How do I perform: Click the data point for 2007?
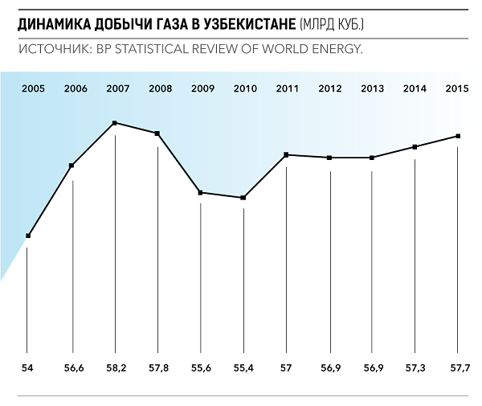click(115, 123)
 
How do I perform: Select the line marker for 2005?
click(28, 236)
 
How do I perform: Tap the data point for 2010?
click(243, 198)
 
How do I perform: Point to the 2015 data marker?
click(458, 136)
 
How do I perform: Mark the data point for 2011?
click(286, 154)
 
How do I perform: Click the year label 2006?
click(76, 87)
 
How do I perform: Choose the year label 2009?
click(202, 87)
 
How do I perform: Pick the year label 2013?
click(373, 87)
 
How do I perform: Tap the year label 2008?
click(160, 87)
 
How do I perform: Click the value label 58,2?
click(116, 368)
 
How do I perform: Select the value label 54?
click(28, 368)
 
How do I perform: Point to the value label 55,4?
click(243, 368)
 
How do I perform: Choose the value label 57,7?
click(458, 368)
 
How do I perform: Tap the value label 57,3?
click(415, 368)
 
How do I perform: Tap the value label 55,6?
click(202, 368)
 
